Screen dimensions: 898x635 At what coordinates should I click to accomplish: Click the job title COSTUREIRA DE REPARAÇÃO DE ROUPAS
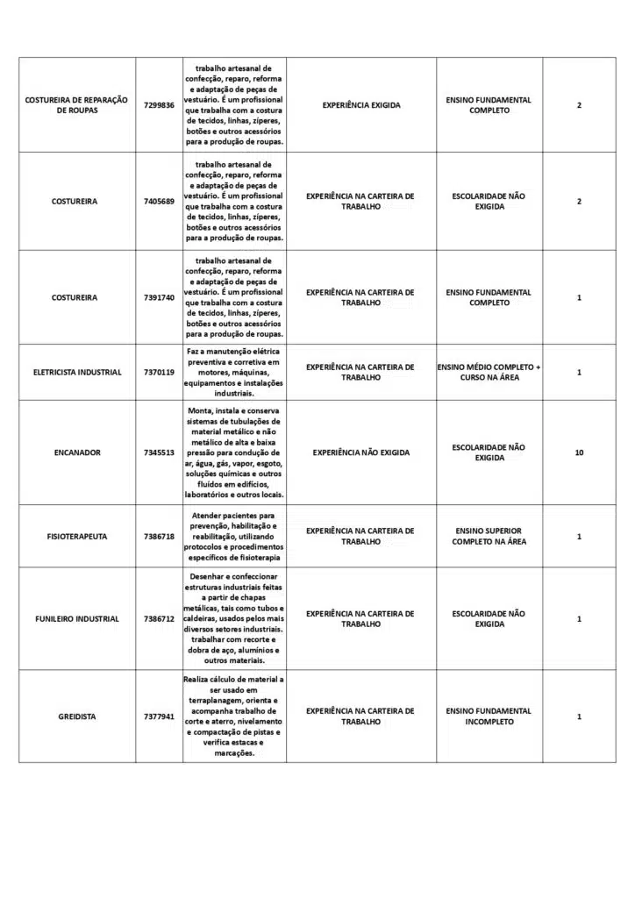tap(76, 105)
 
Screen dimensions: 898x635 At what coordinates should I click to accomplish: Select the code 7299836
tap(159, 105)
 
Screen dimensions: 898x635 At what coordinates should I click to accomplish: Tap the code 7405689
tap(159, 202)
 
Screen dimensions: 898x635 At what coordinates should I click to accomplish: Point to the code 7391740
tap(159, 297)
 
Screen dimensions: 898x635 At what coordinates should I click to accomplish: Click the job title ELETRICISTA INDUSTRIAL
tap(76, 373)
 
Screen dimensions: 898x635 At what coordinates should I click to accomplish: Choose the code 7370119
tap(159, 373)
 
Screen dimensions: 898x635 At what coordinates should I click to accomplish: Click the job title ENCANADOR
tap(76, 453)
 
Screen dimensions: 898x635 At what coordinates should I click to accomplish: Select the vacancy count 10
tap(579, 453)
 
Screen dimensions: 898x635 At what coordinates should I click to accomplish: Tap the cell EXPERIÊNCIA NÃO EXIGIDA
tap(360, 453)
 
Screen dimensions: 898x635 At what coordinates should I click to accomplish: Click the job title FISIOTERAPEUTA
tap(76, 536)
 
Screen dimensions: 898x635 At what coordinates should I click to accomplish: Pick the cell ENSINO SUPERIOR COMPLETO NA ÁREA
tap(489, 536)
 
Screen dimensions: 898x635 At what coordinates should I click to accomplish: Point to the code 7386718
tap(159, 536)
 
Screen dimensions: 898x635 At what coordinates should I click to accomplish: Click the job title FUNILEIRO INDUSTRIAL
tap(76, 619)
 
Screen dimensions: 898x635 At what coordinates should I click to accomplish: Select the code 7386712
tap(159, 619)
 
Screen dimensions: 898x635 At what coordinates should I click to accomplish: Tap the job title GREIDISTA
tap(76, 716)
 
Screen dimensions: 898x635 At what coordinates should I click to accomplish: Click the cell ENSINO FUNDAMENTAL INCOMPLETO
tap(489, 716)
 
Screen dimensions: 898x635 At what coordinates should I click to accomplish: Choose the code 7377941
tap(159, 716)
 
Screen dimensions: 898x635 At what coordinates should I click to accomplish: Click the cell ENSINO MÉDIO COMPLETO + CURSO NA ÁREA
tap(489, 373)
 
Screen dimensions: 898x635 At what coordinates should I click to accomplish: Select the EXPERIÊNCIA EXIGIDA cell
tap(360, 105)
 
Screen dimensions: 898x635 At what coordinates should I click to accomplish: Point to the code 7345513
tap(159, 453)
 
